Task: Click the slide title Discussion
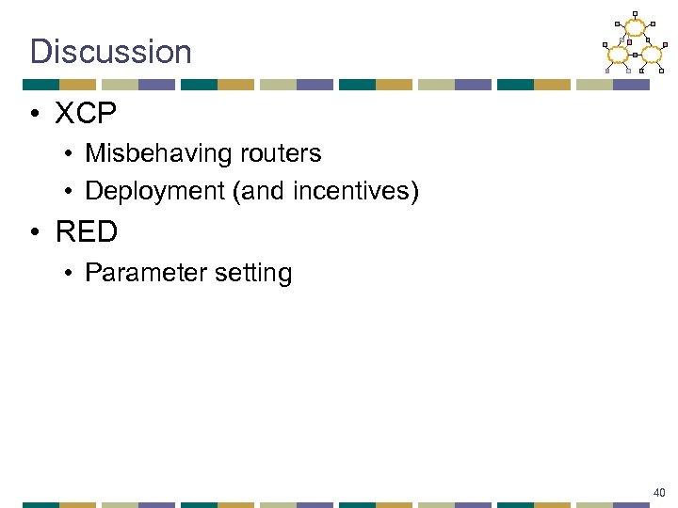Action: tap(110, 51)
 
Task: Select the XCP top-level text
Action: tap(85, 114)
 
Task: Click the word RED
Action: tap(86, 231)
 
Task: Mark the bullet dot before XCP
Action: tap(35, 115)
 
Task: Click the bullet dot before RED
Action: tap(35, 232)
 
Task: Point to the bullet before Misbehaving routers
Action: tap(71, 153)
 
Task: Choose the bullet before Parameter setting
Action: tap(71, 274)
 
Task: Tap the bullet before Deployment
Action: tap(71, 192)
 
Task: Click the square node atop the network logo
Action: tap(635, 13)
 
